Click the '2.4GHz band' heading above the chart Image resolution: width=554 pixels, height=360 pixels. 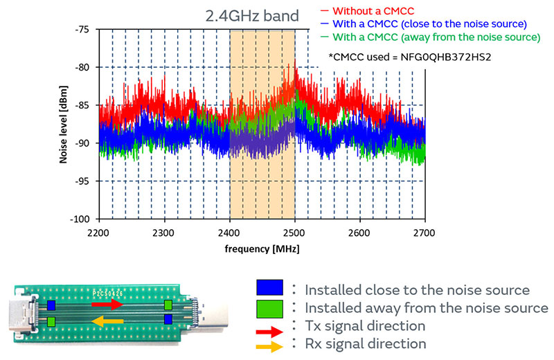click(252, 15)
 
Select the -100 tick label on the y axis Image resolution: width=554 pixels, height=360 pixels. click(80, 219)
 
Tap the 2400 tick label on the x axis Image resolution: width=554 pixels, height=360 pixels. click(229, 233)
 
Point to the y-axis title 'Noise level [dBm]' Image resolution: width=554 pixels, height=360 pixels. click(64, 125)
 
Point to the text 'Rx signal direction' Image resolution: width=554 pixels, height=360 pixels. click(366, 343)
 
